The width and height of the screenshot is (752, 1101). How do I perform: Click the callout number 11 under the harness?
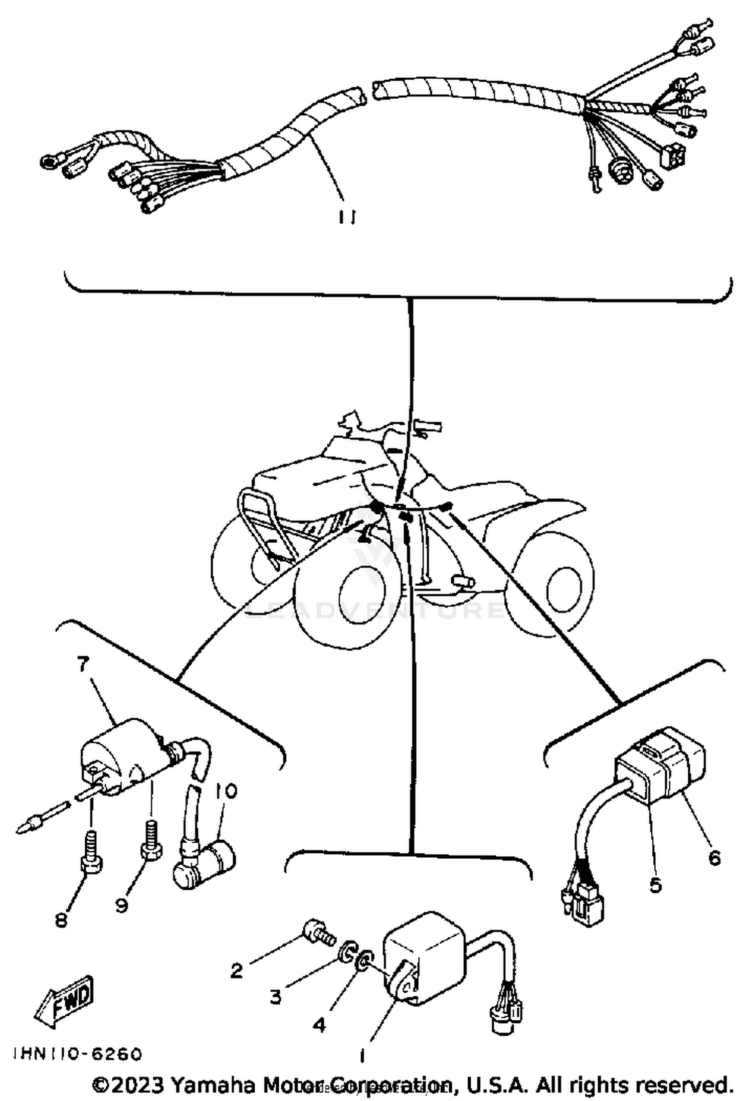pos(345,217)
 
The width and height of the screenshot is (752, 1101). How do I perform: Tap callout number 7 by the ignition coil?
pos(83,664)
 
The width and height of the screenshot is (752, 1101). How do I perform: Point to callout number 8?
pos(61,920)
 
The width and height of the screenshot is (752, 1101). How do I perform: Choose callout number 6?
pos(714,858)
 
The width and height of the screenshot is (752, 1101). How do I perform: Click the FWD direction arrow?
pos(64,999)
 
